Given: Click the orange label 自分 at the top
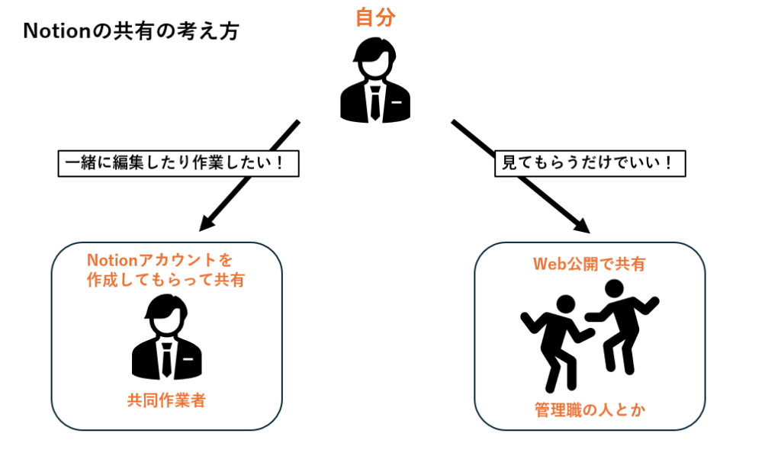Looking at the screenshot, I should [375, 18].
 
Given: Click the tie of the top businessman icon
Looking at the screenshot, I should [375, 103].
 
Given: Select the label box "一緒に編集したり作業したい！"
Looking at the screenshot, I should [178, 163].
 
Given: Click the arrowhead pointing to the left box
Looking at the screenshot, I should [206, 224].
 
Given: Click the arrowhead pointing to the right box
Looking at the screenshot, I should [582, 226].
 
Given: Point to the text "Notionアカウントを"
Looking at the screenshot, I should [159, 260].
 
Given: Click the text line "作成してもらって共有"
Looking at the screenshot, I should [166, 280].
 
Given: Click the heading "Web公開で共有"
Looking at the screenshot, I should [589, 265].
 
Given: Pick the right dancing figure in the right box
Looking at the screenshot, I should [622, 324].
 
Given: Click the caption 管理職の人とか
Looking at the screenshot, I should [590, 411].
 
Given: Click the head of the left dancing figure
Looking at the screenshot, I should [565, 303].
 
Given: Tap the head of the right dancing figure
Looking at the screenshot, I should [613, 289].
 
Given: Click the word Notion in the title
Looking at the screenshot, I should [50, 32].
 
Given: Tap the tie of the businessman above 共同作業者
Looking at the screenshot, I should [166, 359].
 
